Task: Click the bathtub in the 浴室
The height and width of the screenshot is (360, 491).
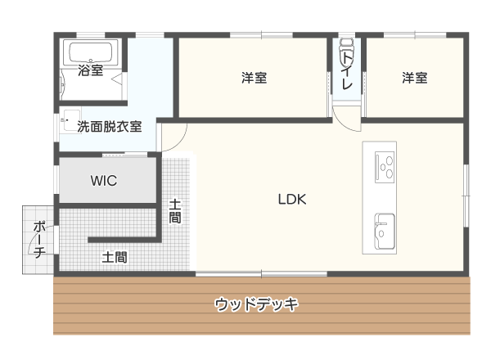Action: pyautogui.click(x=91, y=52)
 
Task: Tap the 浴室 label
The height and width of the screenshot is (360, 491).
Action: pyautogui.click(x=91, y=70)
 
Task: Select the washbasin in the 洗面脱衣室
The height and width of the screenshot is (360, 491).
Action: pyautogui.click(x=72, y=120)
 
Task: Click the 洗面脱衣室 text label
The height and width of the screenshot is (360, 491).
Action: pyautogui.click(x=110, y=127)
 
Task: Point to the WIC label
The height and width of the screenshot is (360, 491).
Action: pyautogui.click(x=104, y=181)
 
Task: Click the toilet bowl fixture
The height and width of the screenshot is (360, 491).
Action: pyautogui.click(x=346, y=50)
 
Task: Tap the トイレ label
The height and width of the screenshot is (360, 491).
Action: pyautogui.click(x=347, y=70)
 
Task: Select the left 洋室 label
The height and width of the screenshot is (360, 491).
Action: pyautogui.click(x=254, y=78)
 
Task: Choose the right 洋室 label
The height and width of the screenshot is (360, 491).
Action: pyautogui.click(x=415, y=78)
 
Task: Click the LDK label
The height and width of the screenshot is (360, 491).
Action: pyautogui.click(x=292, y=200)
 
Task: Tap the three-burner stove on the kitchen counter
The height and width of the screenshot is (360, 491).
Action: pyautogui.click(x=385, y=167)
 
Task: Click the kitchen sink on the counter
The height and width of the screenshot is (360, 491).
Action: pyautogui.click(x=385, y=232)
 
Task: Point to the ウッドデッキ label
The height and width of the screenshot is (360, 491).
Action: pyautogui.click(x=256, y=304)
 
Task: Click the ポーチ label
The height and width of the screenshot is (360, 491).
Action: pyautogui.click(x=40, y=240)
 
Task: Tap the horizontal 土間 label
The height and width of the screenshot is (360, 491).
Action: pyautogui.click(x=115, y=258)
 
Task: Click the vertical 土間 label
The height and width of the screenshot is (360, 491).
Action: pyautogui.click(x=175, y=211)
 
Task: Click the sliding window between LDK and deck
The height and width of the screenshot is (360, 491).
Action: pyautogui.click(x=262, y=274)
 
